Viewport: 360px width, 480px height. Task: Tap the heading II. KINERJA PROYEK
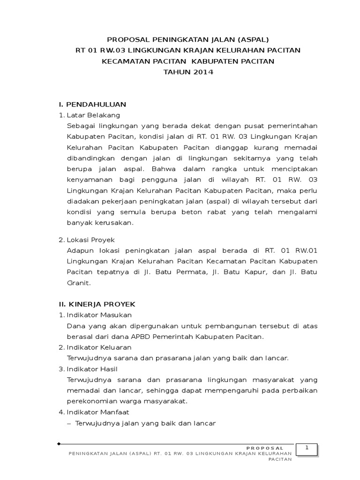click(x=97, y=304)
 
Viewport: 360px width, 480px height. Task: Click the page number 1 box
click(x=307, y=449)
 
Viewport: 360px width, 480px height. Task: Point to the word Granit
click(x=79, y=283)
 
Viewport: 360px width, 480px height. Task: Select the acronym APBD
click(x=139, y=337)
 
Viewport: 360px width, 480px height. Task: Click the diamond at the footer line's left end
click(x=59, y=443)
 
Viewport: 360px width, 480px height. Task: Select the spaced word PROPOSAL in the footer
click(x=265, y=448)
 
